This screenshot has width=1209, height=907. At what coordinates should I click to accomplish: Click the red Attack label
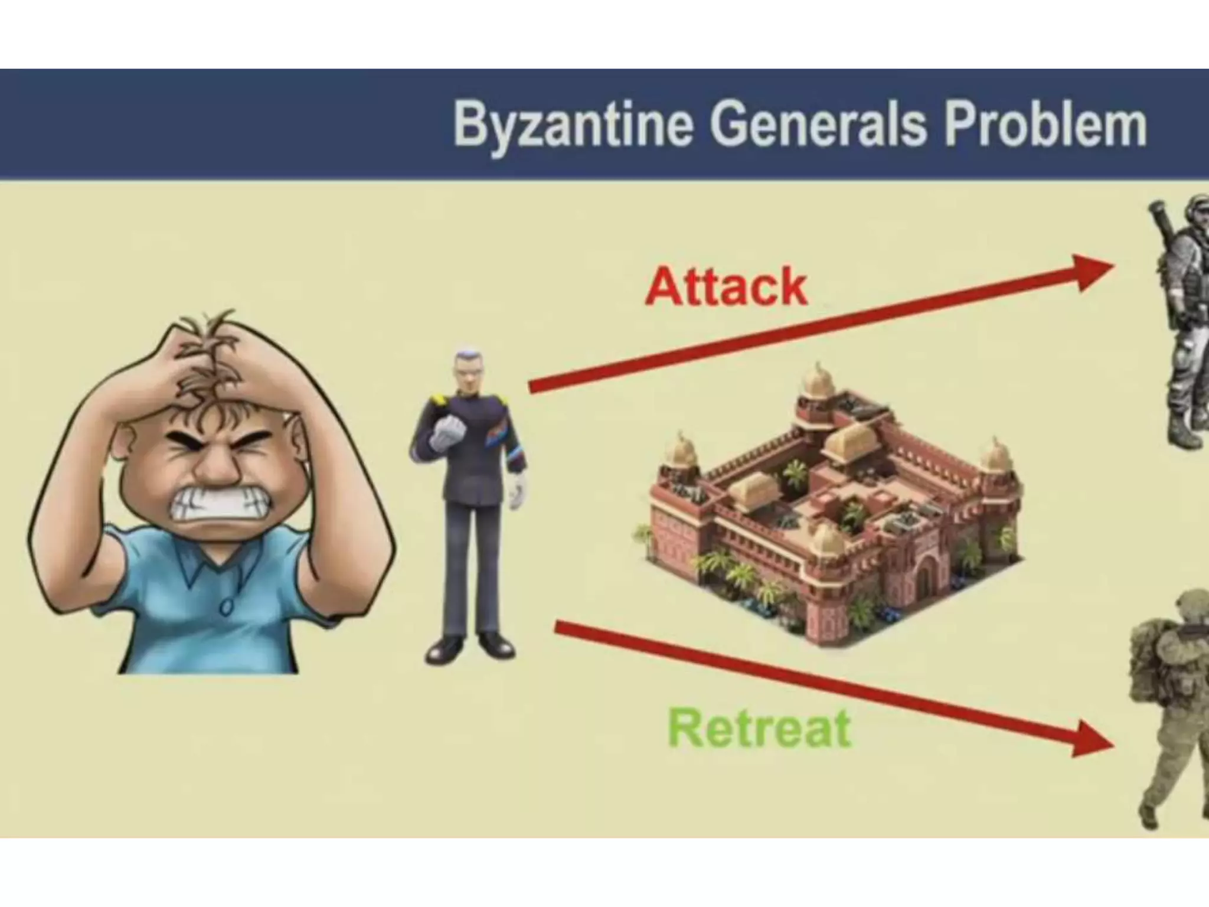click(726, 287)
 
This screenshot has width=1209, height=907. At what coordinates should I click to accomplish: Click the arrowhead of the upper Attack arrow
click(1092, 272)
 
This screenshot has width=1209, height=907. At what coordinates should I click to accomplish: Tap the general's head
click(469, 372)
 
